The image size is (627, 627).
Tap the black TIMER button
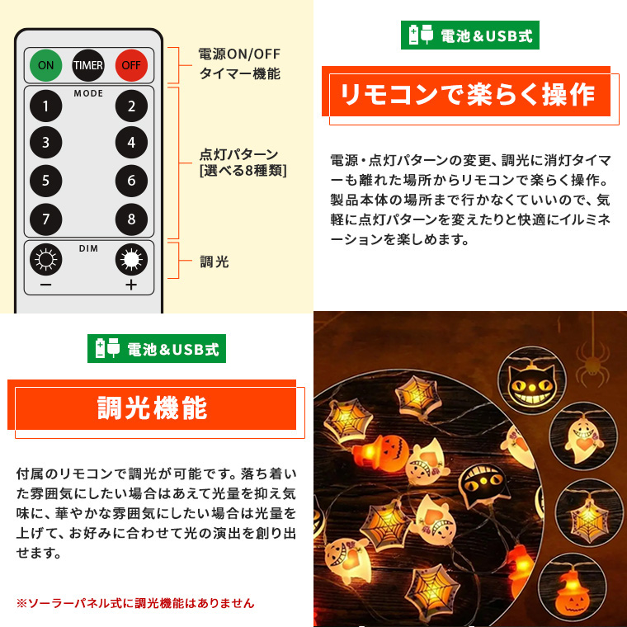88,65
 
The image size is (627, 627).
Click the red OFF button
131,65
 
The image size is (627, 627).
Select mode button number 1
45,106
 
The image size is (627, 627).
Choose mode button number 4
131,143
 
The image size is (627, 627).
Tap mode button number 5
45,181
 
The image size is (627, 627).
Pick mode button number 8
131,219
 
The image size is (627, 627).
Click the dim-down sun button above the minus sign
45,260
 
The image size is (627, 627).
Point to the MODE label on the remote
88,93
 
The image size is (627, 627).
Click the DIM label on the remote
88,248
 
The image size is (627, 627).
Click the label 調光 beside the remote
214,262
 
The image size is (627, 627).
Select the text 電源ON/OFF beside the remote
239,54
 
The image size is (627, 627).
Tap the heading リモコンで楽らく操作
467,95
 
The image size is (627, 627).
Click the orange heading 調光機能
153,408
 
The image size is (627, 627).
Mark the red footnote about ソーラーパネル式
135,602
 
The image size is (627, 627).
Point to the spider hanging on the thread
592,363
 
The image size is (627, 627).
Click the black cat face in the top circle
531,385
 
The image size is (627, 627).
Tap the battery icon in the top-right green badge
413,35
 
